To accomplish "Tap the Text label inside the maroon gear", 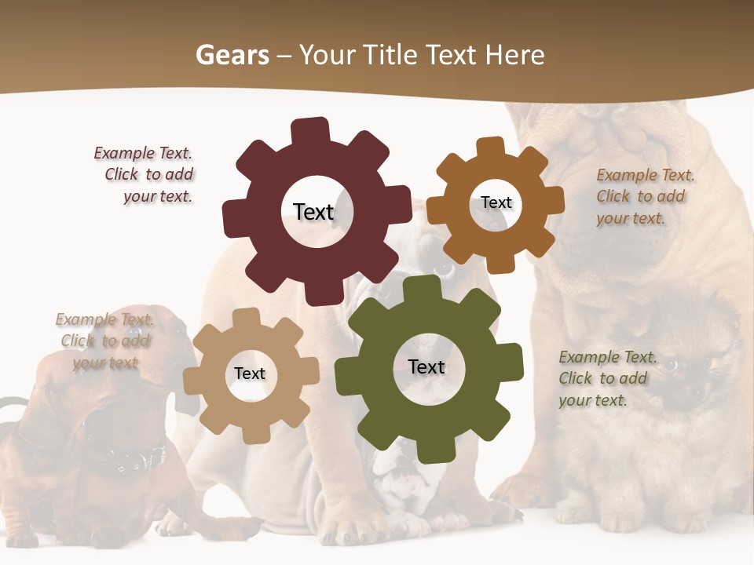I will coord(313,212).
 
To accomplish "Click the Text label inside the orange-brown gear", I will coord(496,202).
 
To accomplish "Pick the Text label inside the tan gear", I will coord(250,374).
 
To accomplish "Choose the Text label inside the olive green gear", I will coord(426,366).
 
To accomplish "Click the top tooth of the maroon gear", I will coord(310,130).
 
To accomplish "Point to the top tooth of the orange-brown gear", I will coord(491,146).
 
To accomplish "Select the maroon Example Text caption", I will coord(145,174).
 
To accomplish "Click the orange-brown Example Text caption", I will coord(644,196).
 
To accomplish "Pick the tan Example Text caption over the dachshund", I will coord(105,341).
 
